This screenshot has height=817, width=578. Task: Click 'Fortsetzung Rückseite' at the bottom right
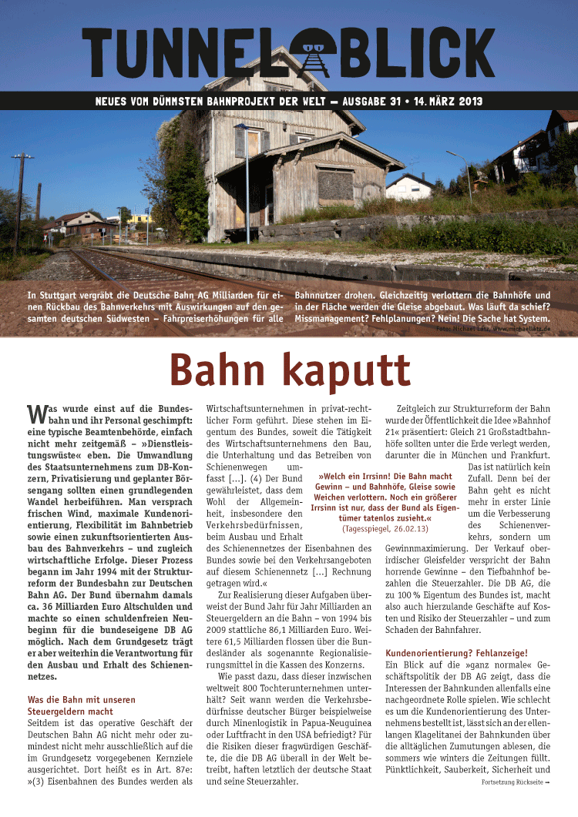513,782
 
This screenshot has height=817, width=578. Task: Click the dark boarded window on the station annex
335,185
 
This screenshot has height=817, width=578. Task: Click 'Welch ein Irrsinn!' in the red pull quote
353,477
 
